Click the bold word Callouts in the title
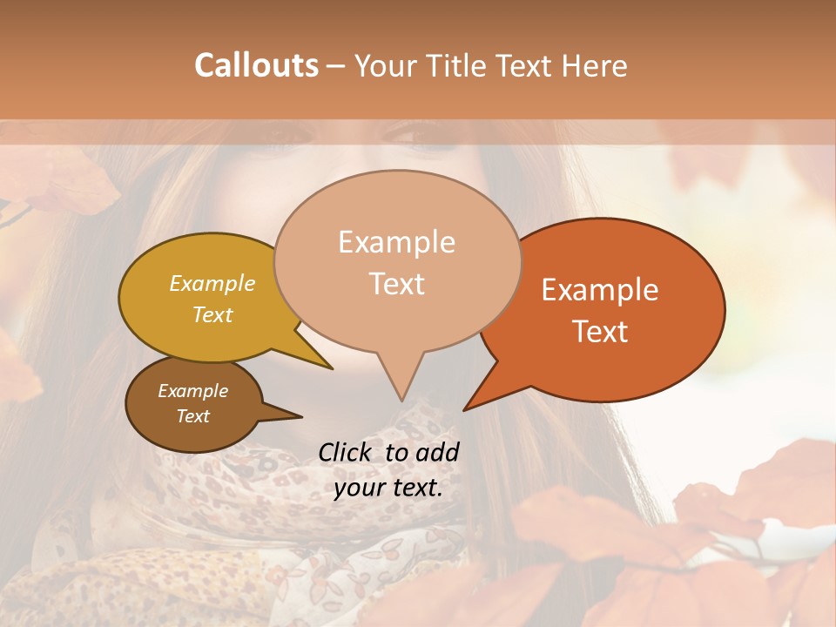point(256,65)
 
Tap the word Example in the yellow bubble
point(212,283)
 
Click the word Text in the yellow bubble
point(212,314)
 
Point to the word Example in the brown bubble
point(192,391)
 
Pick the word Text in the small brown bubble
point(192,416)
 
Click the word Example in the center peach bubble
point(396,242)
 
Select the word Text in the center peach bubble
point(396,284)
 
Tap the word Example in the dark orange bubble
point(600,290)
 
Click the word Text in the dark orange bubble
point(600,331)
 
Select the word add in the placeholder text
point(438,452)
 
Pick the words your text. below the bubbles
point(388,488)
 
